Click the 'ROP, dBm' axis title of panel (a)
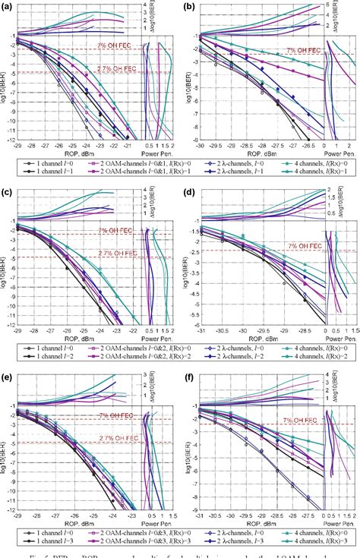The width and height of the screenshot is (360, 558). click(74, 155)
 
